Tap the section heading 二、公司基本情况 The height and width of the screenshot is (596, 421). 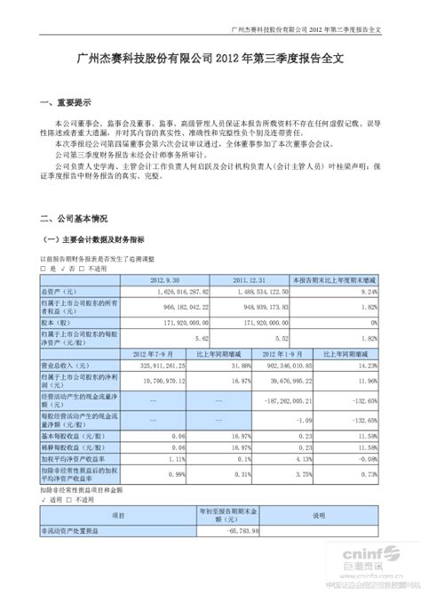(x=68, y=217)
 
